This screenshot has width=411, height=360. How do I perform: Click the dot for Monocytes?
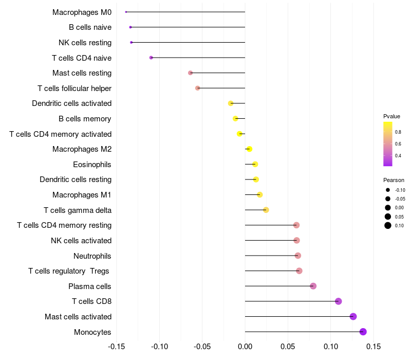pyautogui.click(x=363, y=332)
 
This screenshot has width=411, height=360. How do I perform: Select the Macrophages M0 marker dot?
pyautogui.click(x=126, y=12)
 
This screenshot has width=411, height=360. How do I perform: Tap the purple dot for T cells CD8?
pyautogui.click(x=338, y=301)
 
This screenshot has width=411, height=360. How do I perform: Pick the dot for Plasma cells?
pyautogui.click(x=313, y=286)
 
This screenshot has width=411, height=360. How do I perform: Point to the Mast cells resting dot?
pyautogui.click(x=190, y=73)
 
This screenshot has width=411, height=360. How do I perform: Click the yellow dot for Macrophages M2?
pyautogui.click(x=249, y=149)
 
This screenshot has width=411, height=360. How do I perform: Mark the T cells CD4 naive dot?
pyautogui.click(x=151, y=58)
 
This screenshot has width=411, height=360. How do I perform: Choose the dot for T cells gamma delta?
pyautogui.click(x=266, y=210)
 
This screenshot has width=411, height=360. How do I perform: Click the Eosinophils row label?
pyautogui.click(x=92, y=165)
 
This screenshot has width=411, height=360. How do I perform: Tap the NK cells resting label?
pyautogui.click(x=85, y=42)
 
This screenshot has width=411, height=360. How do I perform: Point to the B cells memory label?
pyautogui.click(x=85, y=119)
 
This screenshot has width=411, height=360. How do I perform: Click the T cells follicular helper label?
pyautogui.click(x=74, y=88)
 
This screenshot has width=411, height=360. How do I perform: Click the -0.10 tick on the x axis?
pyautogui.click(x=159, y=345)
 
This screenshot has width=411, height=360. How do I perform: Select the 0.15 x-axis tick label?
pyautogui.click(x=373, y=345)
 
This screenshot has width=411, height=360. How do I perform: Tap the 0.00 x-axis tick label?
pyautogui.click(x=245, y=345)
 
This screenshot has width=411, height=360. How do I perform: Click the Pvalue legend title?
pyautogui.click(x=391, y=116)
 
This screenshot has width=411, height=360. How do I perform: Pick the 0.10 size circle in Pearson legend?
pyautogui.click(x=388, y=225)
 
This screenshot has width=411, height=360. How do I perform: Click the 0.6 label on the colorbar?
pyautogui.click(x=398, y=143)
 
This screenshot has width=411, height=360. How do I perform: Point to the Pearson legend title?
pyautogui.click(x=394, y=180)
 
